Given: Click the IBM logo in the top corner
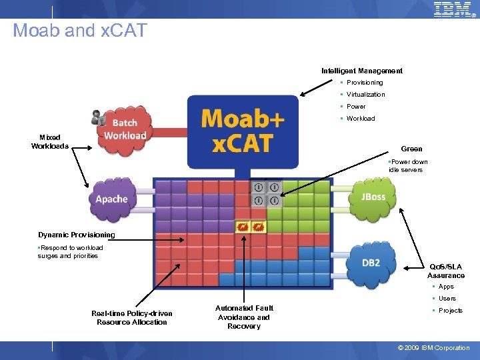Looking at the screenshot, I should click(x=453, y=9).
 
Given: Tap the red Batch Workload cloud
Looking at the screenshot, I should click(x=125, y=129).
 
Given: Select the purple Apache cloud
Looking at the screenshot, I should click(x=112, y=199).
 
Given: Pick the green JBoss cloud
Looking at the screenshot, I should click(x=373, y=197).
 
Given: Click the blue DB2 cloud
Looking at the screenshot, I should click(x=371, y=263).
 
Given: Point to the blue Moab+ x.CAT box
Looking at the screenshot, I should click(x=243, y=131).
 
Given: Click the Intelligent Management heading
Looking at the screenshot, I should click(x=361, y=71).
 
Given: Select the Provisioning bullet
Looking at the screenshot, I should click(x=364, y=83).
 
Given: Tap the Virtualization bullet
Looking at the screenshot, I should click(x=365, y=95).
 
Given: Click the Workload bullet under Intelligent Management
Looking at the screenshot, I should click(x=360, y=119).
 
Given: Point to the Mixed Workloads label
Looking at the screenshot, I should click(x=50, y=142).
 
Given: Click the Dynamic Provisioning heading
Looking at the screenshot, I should click(x=76, y=235).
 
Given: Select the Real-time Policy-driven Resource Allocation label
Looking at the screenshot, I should click(x=131, y=318).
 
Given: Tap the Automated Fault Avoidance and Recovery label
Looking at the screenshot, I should click(x=244, y=317).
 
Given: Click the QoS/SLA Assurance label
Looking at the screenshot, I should click(x=445, y=271).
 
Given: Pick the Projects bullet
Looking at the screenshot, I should click(x=450, y=311).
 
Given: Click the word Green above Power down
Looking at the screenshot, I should click(x=411, y=149).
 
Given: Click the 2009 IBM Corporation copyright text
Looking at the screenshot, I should click(x=433, y=347).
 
